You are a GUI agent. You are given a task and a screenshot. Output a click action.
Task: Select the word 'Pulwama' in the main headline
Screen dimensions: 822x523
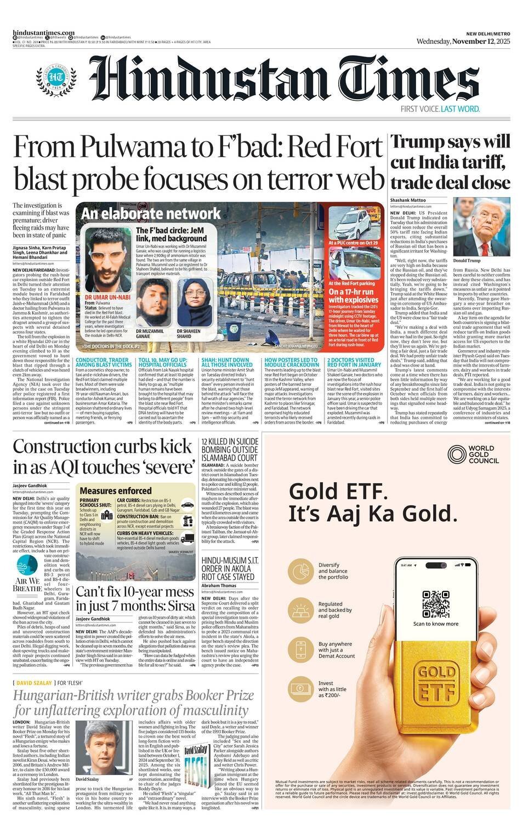[x=120, y=148]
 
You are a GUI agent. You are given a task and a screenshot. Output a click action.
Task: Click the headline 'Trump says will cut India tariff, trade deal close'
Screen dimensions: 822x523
[x=450, y=162]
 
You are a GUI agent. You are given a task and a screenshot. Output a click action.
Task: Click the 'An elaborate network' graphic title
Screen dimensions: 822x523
[x=151, y=214]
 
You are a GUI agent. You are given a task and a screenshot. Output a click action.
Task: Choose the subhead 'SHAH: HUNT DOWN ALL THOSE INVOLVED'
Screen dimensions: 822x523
[x=226, y=362]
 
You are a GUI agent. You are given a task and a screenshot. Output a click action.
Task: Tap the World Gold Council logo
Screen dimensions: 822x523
[x=473, y=454]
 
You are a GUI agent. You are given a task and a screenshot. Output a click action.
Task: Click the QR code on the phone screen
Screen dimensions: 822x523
[x=436, y=604]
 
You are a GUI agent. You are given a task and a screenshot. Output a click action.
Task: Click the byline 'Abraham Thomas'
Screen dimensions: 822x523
[x=219, y=586]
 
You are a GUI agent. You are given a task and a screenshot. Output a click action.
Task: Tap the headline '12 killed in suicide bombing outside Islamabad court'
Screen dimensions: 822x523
[x=229, y=449]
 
